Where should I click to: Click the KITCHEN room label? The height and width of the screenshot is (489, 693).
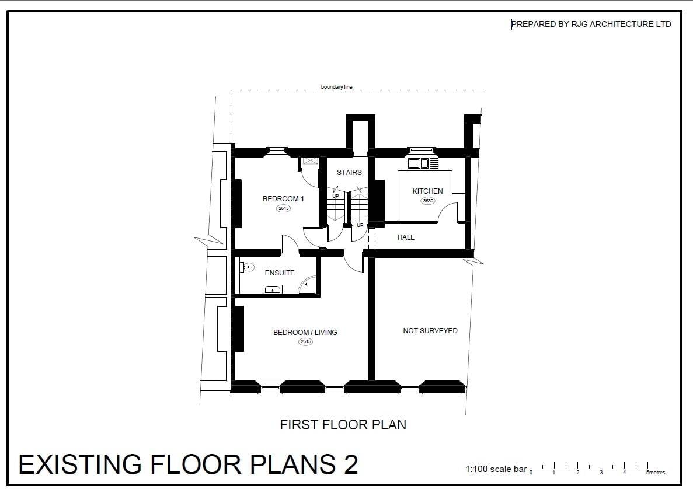click(x=427, y=191)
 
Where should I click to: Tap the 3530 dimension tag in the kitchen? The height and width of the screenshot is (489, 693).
click(x=428, y=201)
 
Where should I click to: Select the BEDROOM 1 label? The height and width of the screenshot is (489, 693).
click(x=283, y=199)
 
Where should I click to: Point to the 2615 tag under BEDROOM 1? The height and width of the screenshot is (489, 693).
click(x=283, y=208)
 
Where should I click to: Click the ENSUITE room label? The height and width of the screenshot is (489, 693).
click(x=280, y=273)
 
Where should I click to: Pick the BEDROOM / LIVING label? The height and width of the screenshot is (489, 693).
click(x=305, y=332)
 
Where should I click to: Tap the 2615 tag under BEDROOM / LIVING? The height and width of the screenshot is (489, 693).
click(x=305, y=341)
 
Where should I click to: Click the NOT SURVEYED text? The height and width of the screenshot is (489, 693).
click(x=430, y=330)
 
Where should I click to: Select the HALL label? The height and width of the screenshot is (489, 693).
click(x=406, y=237)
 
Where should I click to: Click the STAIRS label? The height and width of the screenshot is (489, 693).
click(x=349, y=172)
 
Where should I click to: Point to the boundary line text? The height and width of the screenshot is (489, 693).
click(x=337, y=87)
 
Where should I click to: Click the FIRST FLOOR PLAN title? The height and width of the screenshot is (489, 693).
click(x=343, y=424)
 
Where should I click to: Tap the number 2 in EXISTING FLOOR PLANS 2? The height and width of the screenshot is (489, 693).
click(x=350, y=464)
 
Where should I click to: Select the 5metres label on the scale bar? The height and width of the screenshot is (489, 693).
click(x=656, y=473)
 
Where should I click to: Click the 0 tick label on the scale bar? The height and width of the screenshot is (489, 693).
click(x=531, y=473)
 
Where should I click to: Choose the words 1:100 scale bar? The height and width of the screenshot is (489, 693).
click(x=496, y=469)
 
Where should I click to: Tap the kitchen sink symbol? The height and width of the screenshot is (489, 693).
click(x=419, y=163)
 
